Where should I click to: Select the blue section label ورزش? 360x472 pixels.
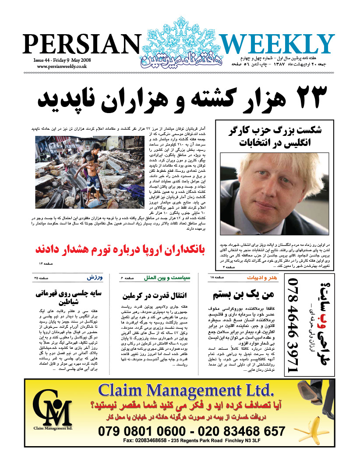[94, 277]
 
